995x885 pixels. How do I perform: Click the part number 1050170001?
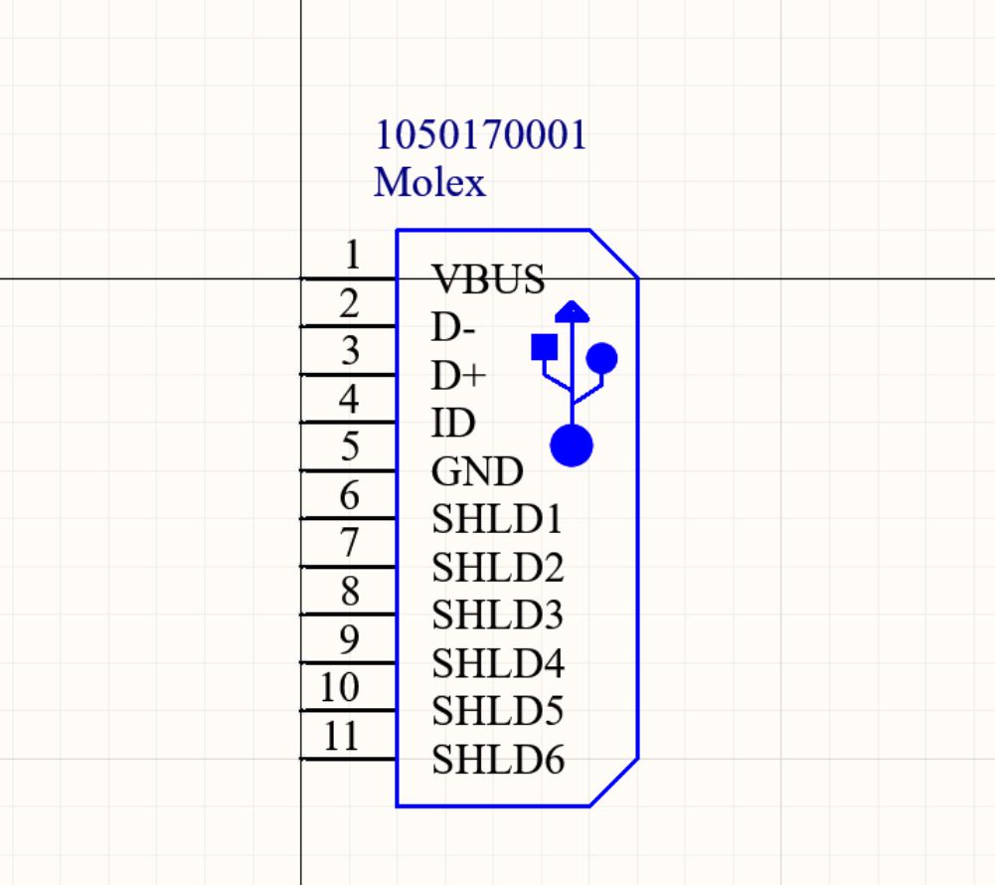click(x=480, y=134)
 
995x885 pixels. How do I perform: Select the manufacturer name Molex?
click(x=429, y=182)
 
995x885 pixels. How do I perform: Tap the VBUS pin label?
click(x=488, y=279)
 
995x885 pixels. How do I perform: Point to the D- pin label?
click(x=453, y=327)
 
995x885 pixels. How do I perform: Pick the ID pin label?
click(x=452, y=424)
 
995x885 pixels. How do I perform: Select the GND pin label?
click(x=477, y=471)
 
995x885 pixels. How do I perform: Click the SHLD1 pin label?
click(x=497, y=519)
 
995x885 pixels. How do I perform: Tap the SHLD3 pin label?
click(x=497, y=616)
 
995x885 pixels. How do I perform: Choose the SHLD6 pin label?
click(x=498, y=761)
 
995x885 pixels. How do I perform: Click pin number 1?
click(x=352, y=256)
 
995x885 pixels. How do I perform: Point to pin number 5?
click(x=349, y=447)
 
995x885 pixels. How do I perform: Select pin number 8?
click(x=350, y=592)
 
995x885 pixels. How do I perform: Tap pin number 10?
click(x=340, y=687)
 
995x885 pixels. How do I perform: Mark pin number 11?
click(x=341, y=736)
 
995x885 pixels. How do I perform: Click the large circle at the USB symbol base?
click(x=572, y=444)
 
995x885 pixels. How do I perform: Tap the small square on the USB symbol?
click(x=544, y=346)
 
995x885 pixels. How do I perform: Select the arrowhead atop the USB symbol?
click(x=572, y=310)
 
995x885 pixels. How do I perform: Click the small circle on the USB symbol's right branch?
click(x=602, y=357)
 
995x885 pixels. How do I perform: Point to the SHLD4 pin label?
click(x=498, y=663)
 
